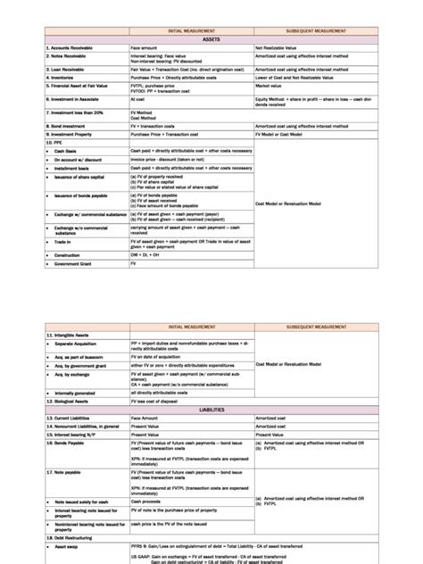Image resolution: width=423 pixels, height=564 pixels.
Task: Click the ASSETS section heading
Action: [x=211, y=40]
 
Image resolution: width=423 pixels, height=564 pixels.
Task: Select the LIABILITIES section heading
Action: [x=211, y=410]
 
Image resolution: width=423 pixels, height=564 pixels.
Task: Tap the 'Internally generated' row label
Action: [x=76, y=393]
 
